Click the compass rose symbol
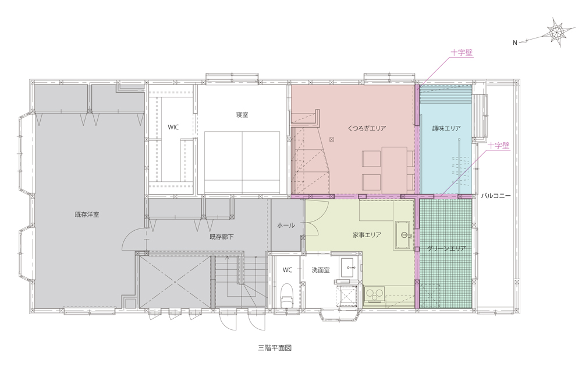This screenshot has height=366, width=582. (x=558, y=33)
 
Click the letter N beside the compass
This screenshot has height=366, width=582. (x=515, y=43)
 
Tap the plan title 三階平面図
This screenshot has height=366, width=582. (x=275, y=348)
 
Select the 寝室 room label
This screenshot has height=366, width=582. (x=242, y=115)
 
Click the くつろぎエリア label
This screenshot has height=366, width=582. (x=367, y=129)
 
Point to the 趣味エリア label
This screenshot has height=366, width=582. (x=446, y=129)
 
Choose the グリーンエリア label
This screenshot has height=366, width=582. (x=446, y=249)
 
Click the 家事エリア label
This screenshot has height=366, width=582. (x=367, y=235)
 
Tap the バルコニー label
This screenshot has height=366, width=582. (x=496, y=196)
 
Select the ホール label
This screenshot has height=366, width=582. (x=286, y=225)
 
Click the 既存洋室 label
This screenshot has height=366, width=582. (x=87, y=214)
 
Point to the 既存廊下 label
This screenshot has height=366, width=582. (x=222, y=237)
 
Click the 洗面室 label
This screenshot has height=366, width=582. (x=321, y=270)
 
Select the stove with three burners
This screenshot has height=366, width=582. (x=375, y=295)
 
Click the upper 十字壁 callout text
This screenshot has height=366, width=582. (x=462, y=53)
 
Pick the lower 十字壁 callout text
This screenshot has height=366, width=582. (x=498, y=146)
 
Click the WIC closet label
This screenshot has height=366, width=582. (x=173, y=127)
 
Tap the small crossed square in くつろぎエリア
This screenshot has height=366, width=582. (x=332, y=140)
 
